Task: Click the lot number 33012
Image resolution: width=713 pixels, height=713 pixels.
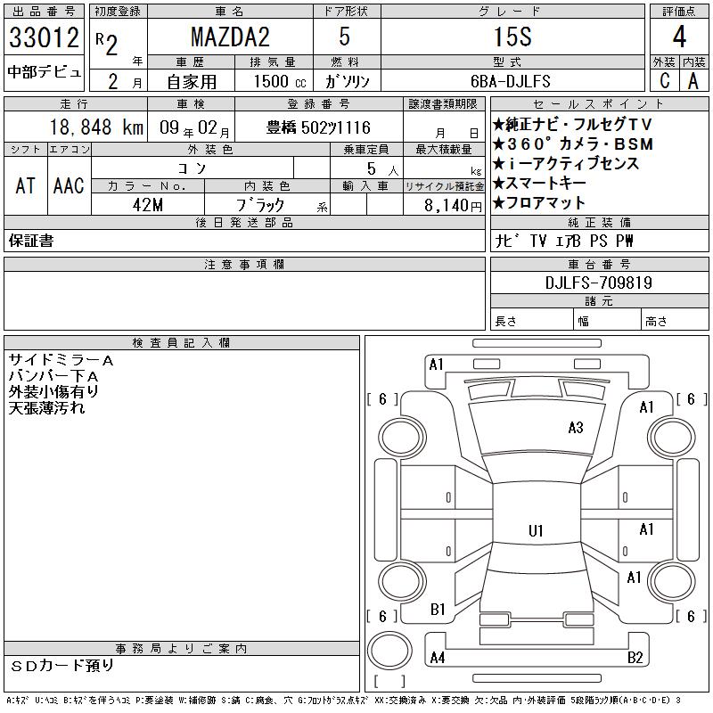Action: coord(44,37)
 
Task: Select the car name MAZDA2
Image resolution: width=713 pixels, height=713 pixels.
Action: coord(230,37)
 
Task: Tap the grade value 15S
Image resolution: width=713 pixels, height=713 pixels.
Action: coord(512,37)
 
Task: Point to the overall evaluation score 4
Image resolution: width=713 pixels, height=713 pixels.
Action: coord(679,37)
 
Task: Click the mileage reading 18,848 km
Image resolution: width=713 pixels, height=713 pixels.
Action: coord(96,127)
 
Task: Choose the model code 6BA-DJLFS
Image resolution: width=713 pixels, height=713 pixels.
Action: coord(510,81)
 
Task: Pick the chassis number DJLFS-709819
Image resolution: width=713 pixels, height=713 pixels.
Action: coord(598,283)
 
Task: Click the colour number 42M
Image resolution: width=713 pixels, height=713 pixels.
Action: coord(148,205)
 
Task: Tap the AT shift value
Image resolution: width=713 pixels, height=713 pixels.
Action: coord(25,185)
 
